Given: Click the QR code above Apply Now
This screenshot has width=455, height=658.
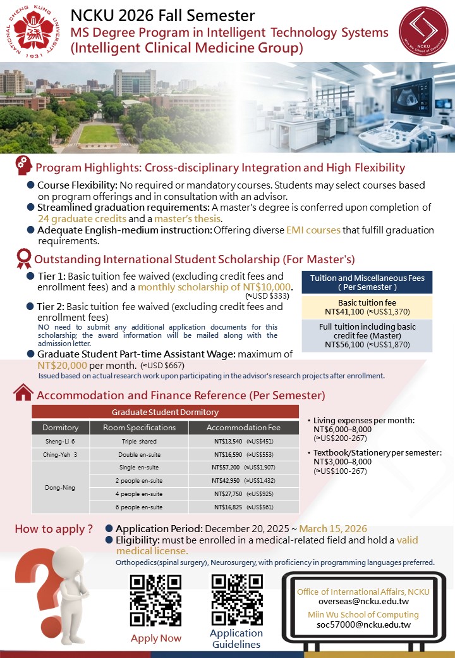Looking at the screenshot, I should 155,600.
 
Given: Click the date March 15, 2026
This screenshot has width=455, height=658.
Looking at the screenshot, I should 332,529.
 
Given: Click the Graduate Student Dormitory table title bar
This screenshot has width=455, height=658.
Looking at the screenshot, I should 164,412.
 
